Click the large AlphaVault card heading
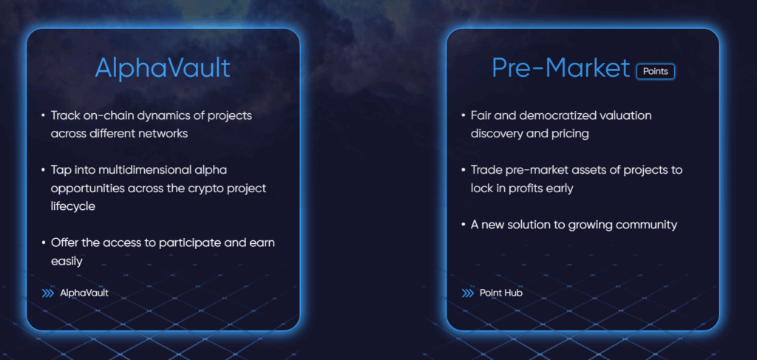[163, 67]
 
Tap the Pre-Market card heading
[561, 67]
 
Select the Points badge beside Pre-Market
[655, 72]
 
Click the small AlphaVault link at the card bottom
[84, 293]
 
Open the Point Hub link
[500, 293]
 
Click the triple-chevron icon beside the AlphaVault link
[48, 293]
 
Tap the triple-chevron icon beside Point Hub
[467, 293]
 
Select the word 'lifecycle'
[73, 206]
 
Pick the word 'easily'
[67, 262]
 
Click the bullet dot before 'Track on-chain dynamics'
[44, 116]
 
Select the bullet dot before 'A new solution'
[463, 225]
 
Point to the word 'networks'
[163, 134]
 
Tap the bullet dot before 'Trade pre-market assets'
[463, 170]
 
